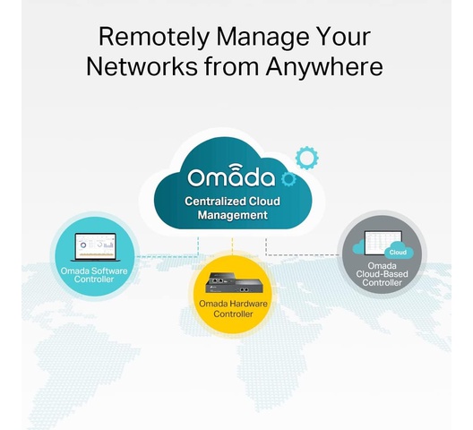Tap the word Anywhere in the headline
point(324,67)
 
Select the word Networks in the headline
point(142,66)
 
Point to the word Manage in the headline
point(262,38)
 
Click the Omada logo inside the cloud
point(231,176)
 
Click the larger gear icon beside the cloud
point(306,158)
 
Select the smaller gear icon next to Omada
point(288,178)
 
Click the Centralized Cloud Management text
point(232,208)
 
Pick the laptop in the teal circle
point(95,247)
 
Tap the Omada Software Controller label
point(94,275)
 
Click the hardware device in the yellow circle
point(234,282)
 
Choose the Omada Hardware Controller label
point(233,309)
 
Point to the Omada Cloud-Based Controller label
point(382,274)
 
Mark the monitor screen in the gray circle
point(383,243)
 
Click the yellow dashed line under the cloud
point(232,247)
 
